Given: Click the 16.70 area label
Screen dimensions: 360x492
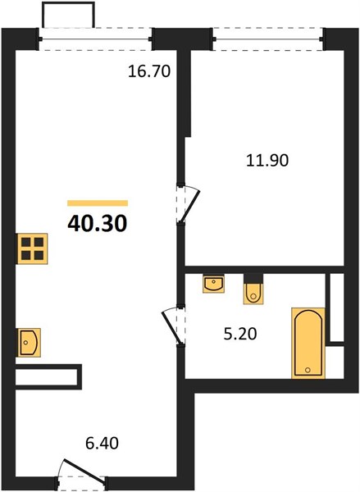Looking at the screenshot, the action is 149,71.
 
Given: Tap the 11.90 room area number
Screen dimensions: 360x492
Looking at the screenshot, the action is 267,161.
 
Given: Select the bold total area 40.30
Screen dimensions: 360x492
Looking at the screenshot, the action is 98,224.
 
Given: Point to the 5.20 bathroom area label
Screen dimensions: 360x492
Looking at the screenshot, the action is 240,334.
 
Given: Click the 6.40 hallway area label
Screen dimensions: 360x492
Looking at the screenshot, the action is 102,444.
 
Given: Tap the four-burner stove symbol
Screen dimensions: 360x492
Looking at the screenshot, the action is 32,248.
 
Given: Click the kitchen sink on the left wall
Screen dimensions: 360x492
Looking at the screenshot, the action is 29,342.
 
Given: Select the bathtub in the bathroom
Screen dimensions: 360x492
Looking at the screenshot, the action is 308,343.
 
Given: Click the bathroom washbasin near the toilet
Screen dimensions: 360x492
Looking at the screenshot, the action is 213,284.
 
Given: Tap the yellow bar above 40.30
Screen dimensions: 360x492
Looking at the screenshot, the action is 98,203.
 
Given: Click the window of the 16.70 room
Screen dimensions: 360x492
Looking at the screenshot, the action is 95,39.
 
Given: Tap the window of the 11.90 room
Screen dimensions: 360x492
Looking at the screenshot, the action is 268,39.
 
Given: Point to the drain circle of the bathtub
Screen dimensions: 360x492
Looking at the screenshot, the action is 308,370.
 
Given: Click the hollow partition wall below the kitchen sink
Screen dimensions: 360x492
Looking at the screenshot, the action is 48,377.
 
